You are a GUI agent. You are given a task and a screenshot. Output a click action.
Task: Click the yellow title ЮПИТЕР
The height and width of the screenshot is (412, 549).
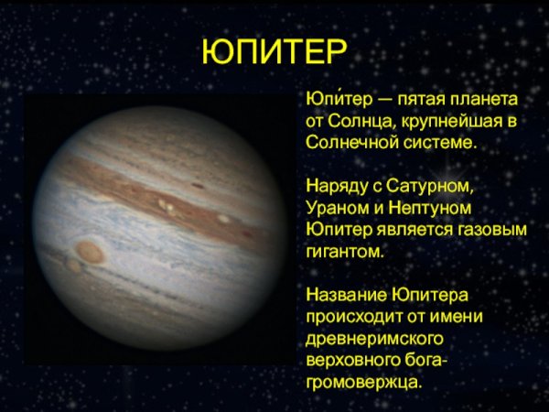point(274,52)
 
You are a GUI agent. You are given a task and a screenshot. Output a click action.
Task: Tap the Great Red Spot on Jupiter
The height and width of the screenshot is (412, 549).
point(91,250)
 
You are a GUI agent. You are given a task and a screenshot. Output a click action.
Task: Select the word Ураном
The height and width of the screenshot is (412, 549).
point(334,210)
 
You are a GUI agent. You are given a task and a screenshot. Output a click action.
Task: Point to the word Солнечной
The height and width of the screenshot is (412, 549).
point(345,144)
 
